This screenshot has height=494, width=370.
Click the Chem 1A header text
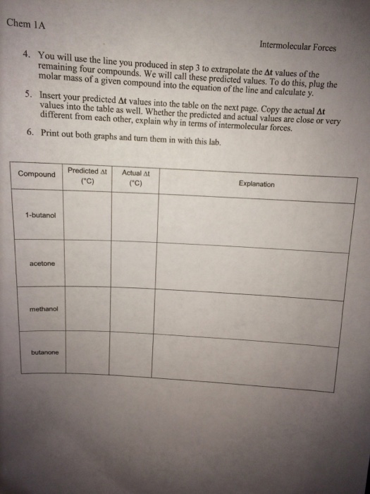(x=25, y=23)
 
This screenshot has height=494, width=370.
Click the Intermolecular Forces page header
(x=297, y=48)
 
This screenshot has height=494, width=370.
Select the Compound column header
(x=37, y=174)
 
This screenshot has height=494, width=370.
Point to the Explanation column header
(x=256, y=185)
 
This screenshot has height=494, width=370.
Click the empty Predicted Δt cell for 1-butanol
(x=88, y=222)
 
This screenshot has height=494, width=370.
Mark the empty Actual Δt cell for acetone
(x=134, y=268)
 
